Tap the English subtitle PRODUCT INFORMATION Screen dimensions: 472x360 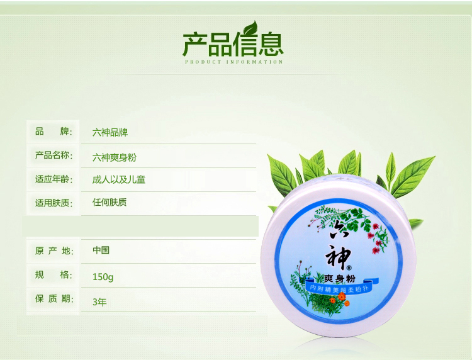click(234, 62)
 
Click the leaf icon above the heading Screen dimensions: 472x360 click(250, 28)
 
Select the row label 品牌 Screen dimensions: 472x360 click(54, 132)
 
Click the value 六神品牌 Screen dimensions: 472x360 click(110, 132)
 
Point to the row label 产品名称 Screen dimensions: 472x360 click(54, 155)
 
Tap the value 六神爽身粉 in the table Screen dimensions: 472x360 click(114, 157)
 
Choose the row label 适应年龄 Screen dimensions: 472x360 click(54, 179)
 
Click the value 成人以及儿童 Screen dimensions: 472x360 click(118, 180)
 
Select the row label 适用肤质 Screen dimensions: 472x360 click(54, 203)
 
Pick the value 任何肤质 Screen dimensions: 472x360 click(110, 202)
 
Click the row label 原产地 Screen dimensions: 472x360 click(54, 250)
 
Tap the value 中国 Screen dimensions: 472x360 click(101, 250)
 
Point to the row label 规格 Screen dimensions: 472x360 click(54, 275)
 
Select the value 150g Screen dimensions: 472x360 click(103, 277)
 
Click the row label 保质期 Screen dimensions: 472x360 click(54, 298)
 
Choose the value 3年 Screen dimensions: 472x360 click(99, 302)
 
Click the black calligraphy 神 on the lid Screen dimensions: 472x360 click(338, 257)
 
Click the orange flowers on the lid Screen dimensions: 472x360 click(340, 299)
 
